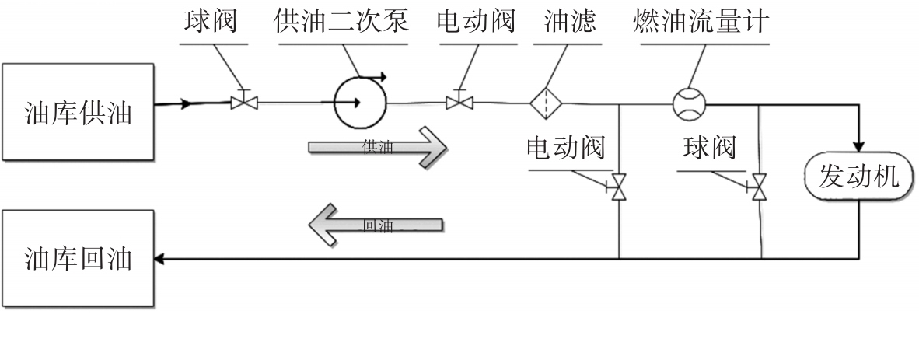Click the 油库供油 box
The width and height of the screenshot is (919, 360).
click(x=78, y=113)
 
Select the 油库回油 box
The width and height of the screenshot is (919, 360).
click(x=78, y=258)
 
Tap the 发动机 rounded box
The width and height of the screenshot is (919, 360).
click(x=859, y=177)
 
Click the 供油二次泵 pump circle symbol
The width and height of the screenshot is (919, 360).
click(x=359, y=102)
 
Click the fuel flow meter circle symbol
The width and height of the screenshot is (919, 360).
click(x=689, y=103)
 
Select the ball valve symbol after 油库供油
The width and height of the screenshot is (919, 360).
click(x=243, y=102)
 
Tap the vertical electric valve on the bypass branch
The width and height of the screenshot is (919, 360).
click(x=619, y=187)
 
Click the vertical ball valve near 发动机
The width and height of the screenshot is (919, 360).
click(x=759, y=187)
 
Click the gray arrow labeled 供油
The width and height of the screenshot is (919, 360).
click(x=377, y=147)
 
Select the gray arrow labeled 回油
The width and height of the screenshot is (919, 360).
click(x=377, y=226)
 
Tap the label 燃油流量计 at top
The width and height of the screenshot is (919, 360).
click(x=701, y=21)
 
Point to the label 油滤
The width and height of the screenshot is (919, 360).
click(x=570, y=21)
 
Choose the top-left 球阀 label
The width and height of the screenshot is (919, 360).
click(x=211, y=21)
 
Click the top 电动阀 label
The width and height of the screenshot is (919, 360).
click(x=476, y=21)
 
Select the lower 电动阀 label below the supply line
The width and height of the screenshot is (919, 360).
click(x=566, y=147)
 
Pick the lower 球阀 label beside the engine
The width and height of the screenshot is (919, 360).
click(x=709, y=147)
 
